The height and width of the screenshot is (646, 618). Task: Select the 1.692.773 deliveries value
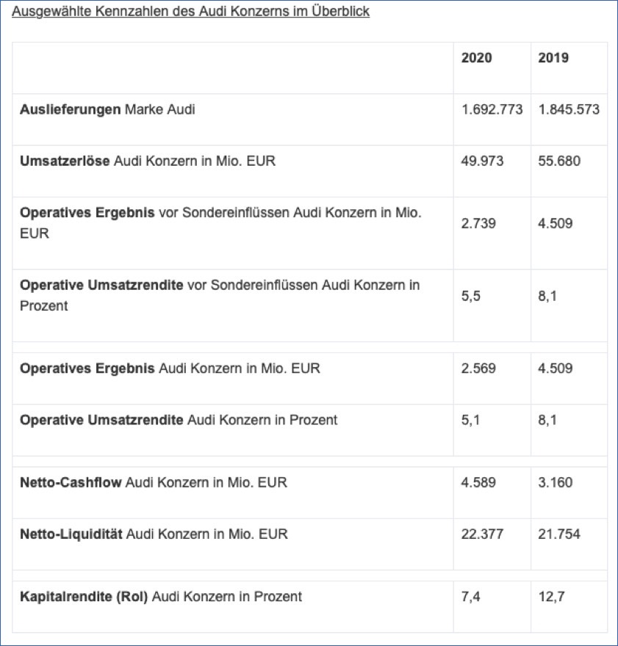492,109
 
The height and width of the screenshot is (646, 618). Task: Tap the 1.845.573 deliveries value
569,109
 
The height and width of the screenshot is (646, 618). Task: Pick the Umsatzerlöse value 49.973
482,161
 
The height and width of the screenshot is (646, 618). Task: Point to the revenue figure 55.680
558,161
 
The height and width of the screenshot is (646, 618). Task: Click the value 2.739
478,223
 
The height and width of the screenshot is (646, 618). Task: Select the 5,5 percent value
471,295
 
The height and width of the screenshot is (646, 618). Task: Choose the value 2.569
478,368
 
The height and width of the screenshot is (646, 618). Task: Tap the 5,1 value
470,420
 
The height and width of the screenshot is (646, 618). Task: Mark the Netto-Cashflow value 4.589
478,482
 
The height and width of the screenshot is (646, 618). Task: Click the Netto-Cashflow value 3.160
555,482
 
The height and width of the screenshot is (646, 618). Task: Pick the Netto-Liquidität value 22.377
482,534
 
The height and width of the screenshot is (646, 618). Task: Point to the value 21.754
558,534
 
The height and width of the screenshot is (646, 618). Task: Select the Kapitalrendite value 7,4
470,596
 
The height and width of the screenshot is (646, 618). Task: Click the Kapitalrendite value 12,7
550,596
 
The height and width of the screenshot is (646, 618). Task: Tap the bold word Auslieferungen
71,109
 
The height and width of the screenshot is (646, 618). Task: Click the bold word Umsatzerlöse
65,161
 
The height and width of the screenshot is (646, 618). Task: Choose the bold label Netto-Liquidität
71,534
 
